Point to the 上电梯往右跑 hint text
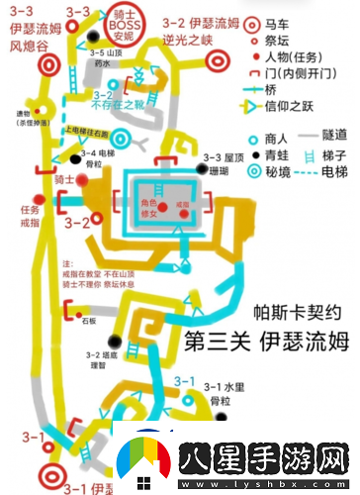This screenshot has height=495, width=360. (87, 130)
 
